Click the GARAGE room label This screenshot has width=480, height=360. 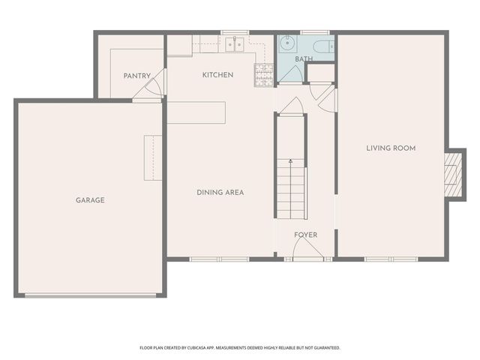point(90,200)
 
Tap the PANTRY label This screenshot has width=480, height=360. point(137,76)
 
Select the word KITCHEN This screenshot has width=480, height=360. point(217,75)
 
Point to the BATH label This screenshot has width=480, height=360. point(304,58)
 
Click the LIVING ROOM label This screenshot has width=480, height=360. point(391,148)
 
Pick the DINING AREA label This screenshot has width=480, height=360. point(220,193)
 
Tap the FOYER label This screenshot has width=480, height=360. point(305,235)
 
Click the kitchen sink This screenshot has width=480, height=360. point(235,44)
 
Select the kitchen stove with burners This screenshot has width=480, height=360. point(264,73)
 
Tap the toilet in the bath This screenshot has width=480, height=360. point(323,46)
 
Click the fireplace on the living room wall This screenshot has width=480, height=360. point(452,174)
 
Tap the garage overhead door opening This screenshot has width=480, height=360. point(91,295)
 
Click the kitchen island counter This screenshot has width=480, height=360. point(196,112)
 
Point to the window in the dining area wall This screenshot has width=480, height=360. point(219,259)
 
